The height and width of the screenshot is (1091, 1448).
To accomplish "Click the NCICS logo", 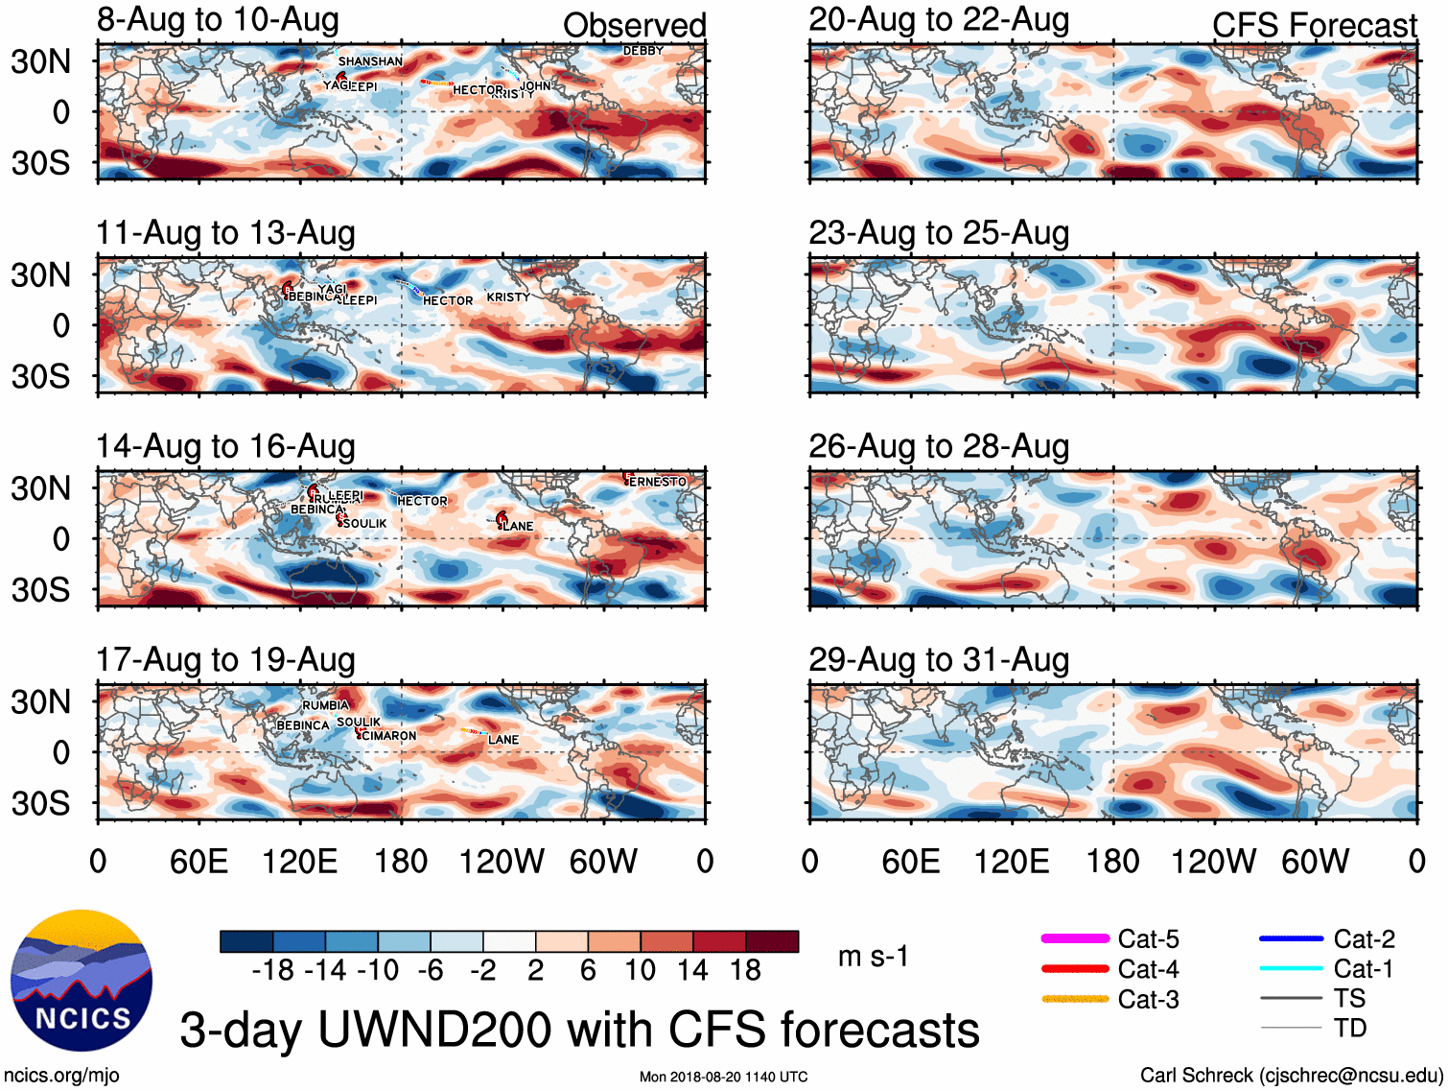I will [82, 980].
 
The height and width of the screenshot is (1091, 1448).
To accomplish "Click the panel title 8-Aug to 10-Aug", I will [218, 19].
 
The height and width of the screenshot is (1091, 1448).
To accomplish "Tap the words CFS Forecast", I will [1314, 26].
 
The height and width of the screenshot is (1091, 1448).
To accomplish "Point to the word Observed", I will [634, 26].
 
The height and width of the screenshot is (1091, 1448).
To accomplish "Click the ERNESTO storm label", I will [658, 482].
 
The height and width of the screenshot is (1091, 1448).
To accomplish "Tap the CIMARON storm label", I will [388, 736].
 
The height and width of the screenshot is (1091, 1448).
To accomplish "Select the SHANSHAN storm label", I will [370, 61].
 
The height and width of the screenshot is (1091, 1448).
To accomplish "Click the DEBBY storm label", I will [643, 51].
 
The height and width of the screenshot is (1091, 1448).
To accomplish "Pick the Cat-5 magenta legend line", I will [1075, 938].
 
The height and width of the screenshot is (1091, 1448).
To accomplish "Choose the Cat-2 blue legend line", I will [1291, 938].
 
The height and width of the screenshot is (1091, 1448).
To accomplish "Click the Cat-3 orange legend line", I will [1075, 999].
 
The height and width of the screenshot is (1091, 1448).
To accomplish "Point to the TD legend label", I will [1349, 1029].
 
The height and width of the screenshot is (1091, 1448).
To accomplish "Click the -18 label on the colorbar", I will [273, 971].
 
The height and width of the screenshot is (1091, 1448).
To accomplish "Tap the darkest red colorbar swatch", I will [772, 941].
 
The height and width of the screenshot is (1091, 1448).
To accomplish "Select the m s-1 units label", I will [873, 957].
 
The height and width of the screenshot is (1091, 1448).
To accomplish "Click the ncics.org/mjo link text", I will [61, 1076].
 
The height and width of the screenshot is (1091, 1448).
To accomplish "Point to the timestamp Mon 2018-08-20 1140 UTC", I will [723, 1077].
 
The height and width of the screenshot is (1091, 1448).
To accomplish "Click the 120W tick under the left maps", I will [502, 862].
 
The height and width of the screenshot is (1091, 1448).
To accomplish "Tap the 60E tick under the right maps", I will [910, 862].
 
